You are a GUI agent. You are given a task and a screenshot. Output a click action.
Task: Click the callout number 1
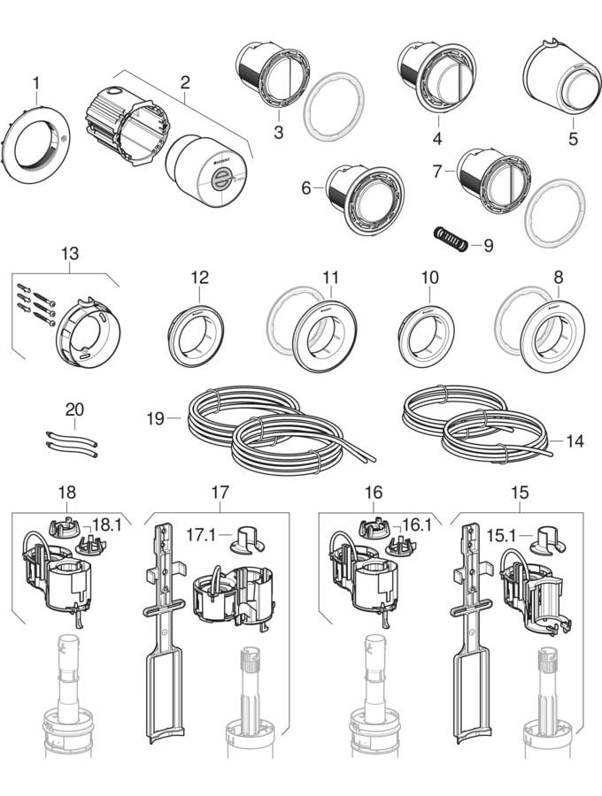(x=36, y=83)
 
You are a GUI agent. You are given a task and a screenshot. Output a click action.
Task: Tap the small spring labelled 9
(x=450, y=238)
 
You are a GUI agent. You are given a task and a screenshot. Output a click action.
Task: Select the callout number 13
(x=69, y=254)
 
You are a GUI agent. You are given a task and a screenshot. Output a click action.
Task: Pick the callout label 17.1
(x=200, y=535)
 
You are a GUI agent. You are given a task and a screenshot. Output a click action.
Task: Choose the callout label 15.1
(x=501, y=535)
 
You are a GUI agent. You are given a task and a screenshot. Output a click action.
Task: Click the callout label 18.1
(x=106, y=524)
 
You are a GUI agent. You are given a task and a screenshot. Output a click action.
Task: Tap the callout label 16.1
(x=416, y=524)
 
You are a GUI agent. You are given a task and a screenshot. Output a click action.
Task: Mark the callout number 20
(x=74, y=409)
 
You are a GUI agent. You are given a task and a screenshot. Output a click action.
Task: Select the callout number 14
(x=575, y=440)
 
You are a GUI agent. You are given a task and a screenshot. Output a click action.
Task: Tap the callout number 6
(x=306, y=188)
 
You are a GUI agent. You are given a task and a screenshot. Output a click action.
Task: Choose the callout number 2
(x=185, y=83)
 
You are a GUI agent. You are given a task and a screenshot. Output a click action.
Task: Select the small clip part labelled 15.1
(x=549, y=539)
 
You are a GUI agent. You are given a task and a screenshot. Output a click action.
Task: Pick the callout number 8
(x=558, y=277)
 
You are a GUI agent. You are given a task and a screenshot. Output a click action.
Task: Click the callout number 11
(x=330, y=277)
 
